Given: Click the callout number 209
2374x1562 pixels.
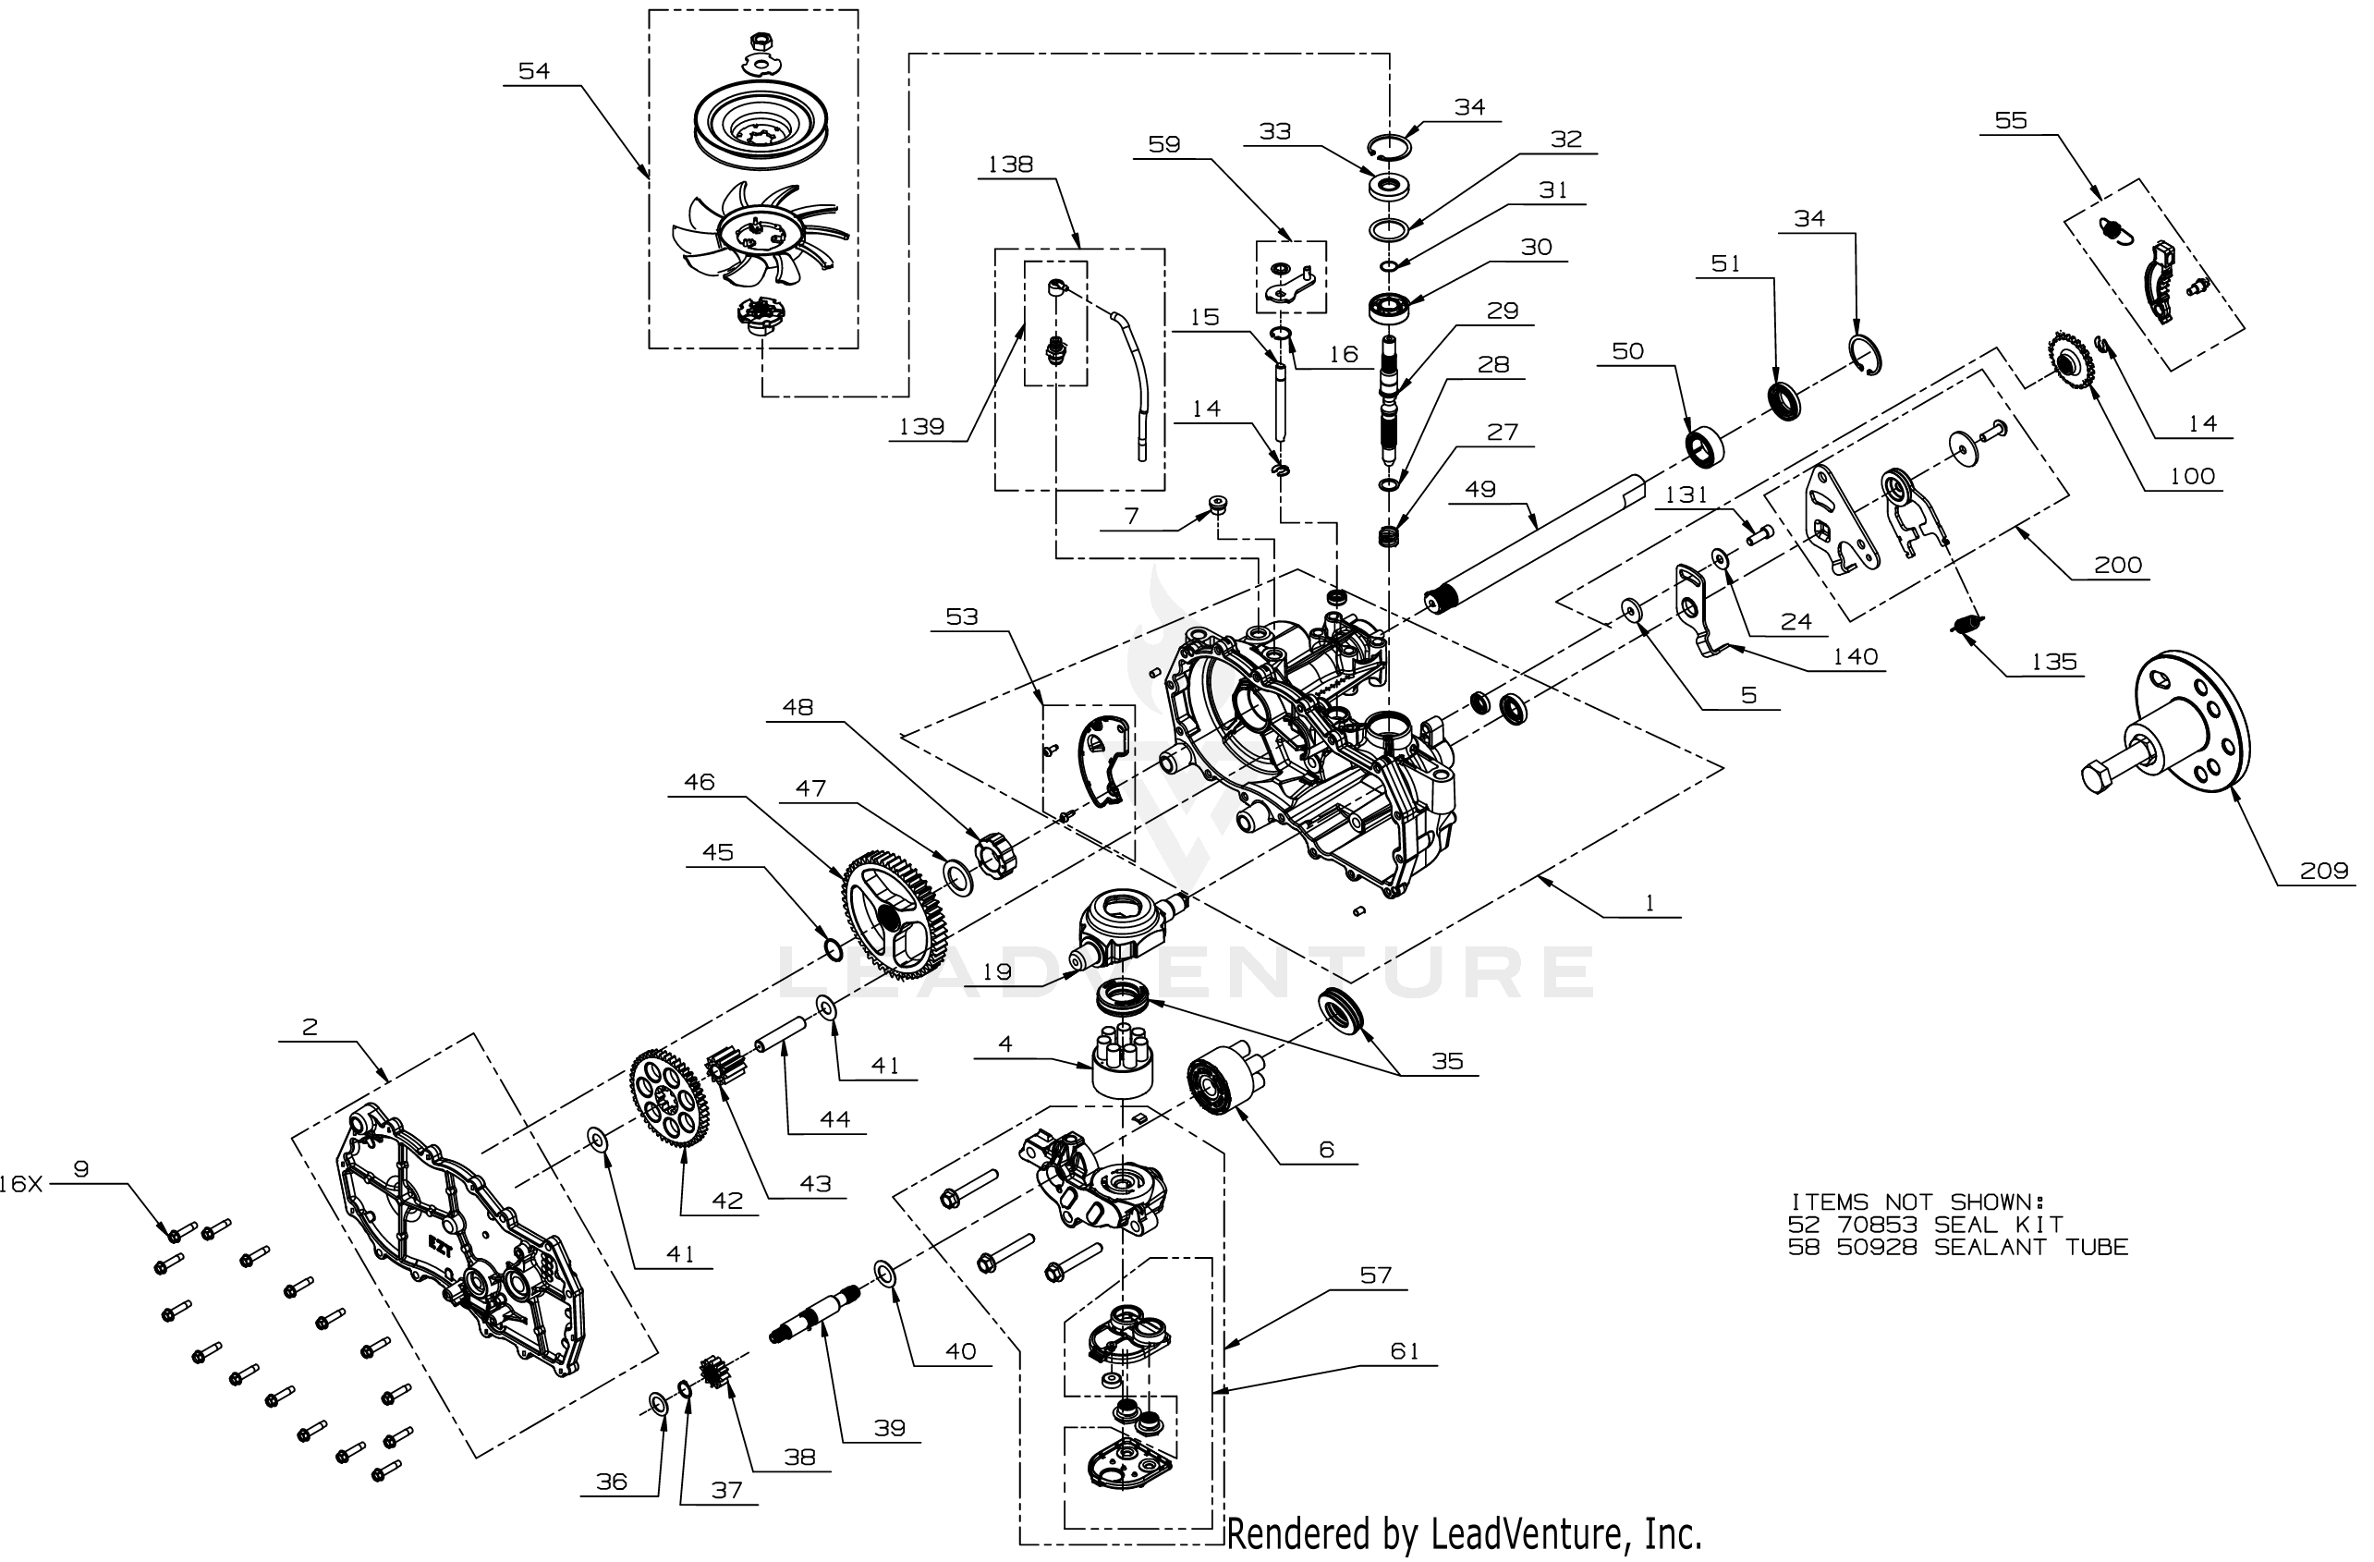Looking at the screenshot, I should tap(2323, 871).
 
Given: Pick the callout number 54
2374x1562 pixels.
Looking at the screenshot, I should tap(533, 71).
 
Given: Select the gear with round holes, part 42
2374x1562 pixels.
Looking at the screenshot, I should tap(669, 1096).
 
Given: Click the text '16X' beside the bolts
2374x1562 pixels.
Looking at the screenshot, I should tap(21, 1184).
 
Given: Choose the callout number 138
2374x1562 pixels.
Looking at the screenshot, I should tap(1010, 165).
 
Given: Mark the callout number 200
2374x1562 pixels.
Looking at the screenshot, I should tap(2118, 566).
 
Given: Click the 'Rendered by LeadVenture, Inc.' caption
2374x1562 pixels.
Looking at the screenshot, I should tap(1463, 1533).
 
